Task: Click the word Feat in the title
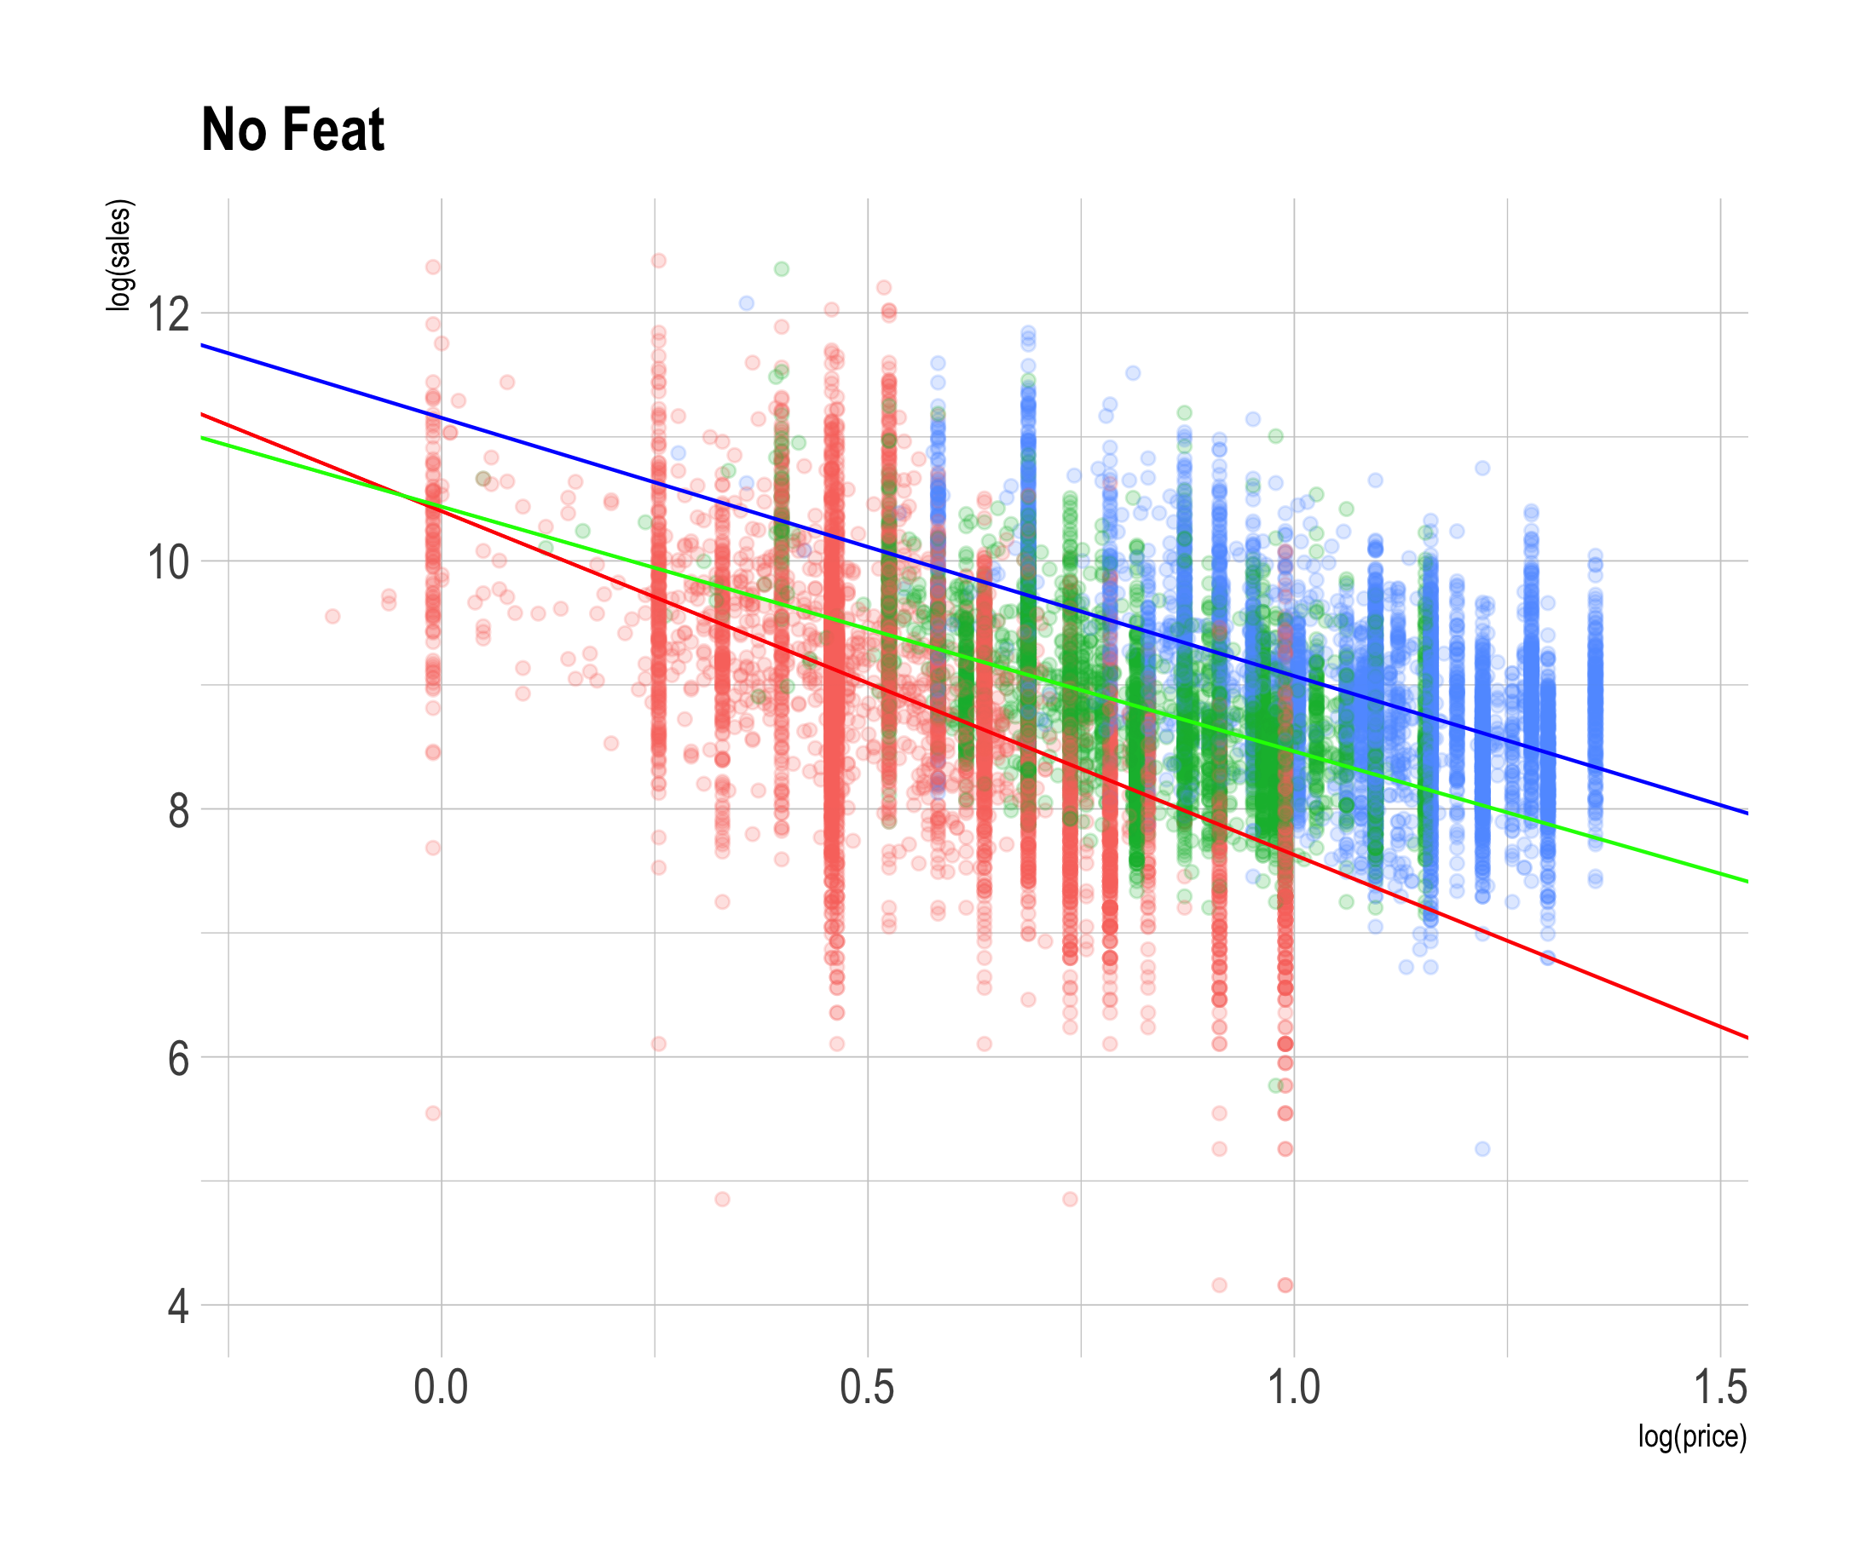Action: pos(333,129)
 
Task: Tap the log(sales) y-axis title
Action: pos(118,256)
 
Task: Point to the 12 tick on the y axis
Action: pos(169,314)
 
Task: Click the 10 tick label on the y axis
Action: pos(169,562)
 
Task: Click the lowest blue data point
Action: pos(1481,1149)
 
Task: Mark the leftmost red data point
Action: pos(332,616)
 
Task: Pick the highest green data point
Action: pos(781,268)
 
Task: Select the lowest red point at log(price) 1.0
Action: pos(1285,1285)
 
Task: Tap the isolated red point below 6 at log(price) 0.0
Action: pos(432,1113)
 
